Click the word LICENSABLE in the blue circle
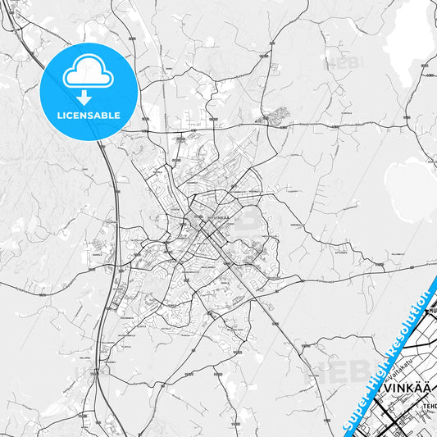click(x=88, y=115)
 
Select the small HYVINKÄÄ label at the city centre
click(x=220, y=217)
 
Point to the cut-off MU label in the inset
click(x=431, y=311)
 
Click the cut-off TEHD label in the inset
click(x=429, y=406)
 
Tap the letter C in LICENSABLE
click(x=70, y=115)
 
